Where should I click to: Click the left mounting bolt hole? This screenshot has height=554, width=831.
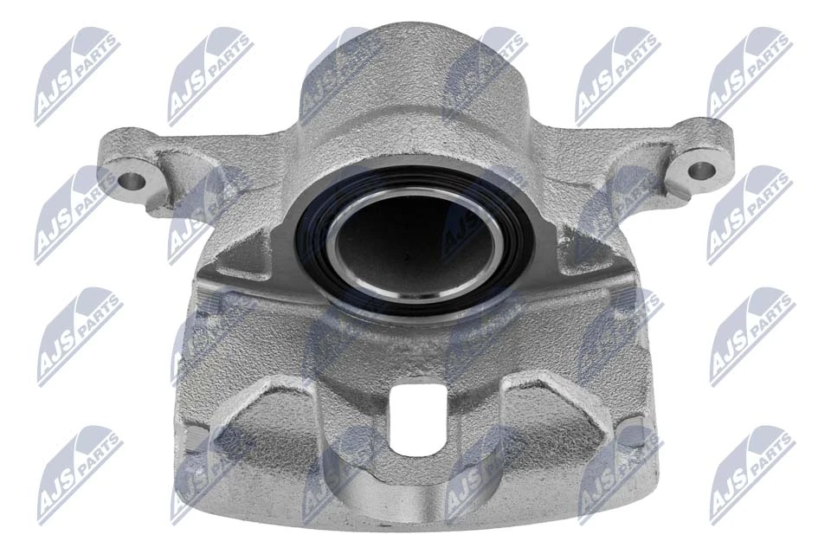(132, 182)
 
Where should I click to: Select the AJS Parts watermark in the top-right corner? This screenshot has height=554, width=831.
(750, 74)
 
